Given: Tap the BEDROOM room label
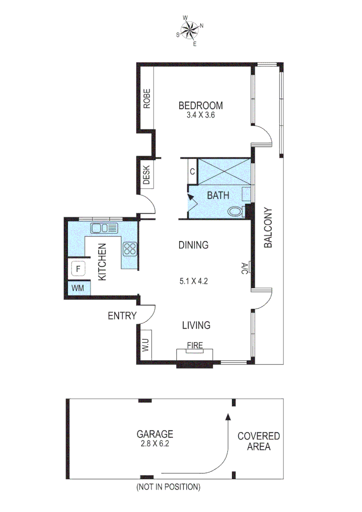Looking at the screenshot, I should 200,105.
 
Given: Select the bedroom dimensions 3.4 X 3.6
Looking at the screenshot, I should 200,115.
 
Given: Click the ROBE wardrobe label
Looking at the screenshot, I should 147,99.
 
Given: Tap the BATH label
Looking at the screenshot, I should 217,195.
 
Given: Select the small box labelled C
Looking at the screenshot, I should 192,172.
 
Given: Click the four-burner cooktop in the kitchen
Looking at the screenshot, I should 130,249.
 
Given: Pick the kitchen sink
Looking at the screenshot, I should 104,229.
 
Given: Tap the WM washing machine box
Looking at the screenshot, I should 78,288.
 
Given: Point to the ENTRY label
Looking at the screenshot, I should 122,316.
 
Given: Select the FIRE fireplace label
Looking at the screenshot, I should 195,346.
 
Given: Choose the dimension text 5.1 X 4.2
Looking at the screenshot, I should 194,281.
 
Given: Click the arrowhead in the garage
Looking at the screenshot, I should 227,417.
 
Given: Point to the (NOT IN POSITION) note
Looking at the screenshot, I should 168,487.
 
